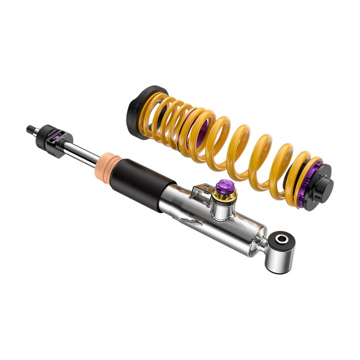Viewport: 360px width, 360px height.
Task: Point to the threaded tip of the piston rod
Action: point(31,129)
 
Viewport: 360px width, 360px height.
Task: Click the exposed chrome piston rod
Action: point(83,152)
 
